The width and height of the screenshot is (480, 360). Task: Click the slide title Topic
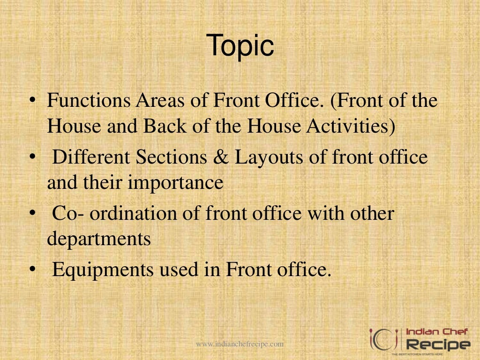click(240, 45)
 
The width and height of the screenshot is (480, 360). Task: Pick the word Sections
click(171, 157)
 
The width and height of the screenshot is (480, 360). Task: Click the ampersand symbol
click(220, 157)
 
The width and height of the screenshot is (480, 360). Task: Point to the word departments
click(98, 240)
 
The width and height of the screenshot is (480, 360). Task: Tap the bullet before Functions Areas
click(32, 102)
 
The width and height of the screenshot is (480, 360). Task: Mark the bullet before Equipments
click(32, 270)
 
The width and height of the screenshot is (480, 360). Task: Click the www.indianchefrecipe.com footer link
click(240, 344)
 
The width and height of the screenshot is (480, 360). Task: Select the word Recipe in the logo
click(437, 345)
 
